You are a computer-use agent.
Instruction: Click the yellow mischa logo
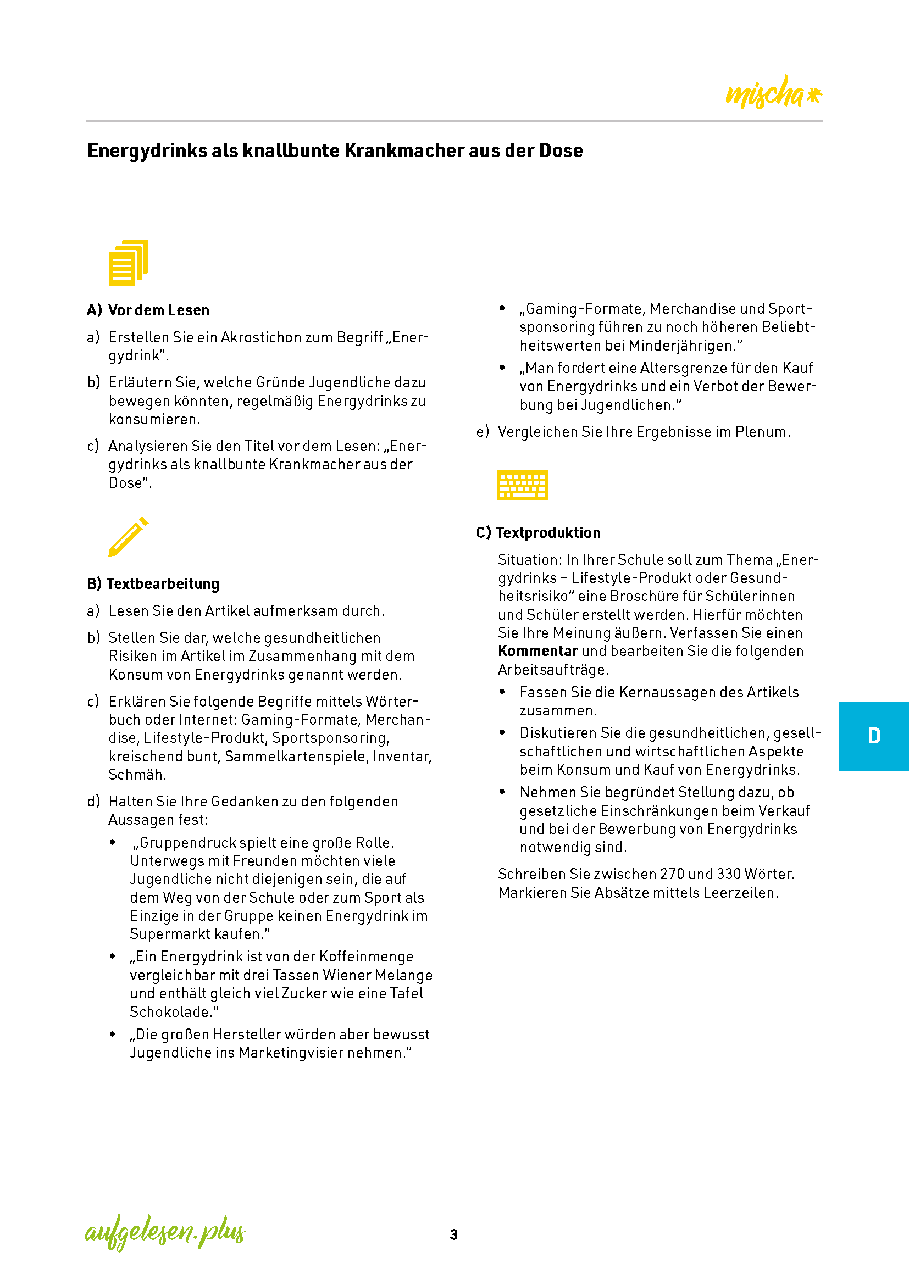tap(772, 92)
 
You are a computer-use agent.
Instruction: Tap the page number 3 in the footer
tap(453, 1234)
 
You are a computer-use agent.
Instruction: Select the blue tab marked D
tap(873, 736)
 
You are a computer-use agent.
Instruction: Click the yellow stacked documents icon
tap(128, 263)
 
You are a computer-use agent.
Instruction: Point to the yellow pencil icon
tap(128, 536)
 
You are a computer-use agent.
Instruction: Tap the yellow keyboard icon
tap(522, 485)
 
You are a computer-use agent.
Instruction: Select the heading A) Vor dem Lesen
tap(148, 310)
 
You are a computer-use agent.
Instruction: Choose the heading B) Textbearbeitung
tap(153, 584)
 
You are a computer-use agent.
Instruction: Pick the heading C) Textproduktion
tap(538, 532)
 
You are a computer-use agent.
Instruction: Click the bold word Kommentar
tap(537, 651)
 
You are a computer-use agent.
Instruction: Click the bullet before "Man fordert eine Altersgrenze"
tap(502, 368)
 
